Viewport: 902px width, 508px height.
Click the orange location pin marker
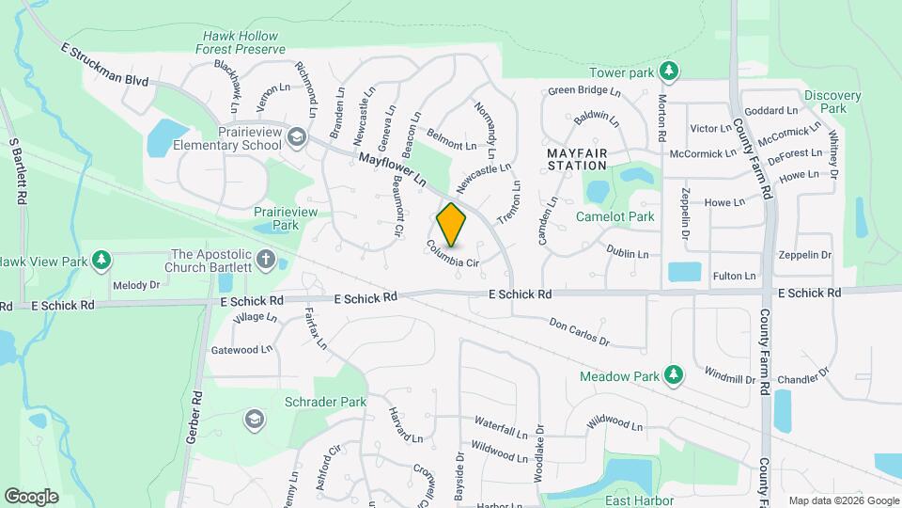click(x=452, y=224)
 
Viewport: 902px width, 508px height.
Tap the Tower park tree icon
click(x=668, y=71)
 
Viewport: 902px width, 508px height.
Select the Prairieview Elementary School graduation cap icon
click(x=297, y=138)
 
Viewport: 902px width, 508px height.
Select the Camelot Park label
click(x=615, y=216)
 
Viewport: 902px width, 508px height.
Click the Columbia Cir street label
click(x=453, y=256)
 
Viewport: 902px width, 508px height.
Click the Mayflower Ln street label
click(x=393, y=168)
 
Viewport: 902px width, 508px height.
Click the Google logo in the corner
click(x=31, y=497)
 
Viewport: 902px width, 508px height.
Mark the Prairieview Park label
click(x=286, y=219)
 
